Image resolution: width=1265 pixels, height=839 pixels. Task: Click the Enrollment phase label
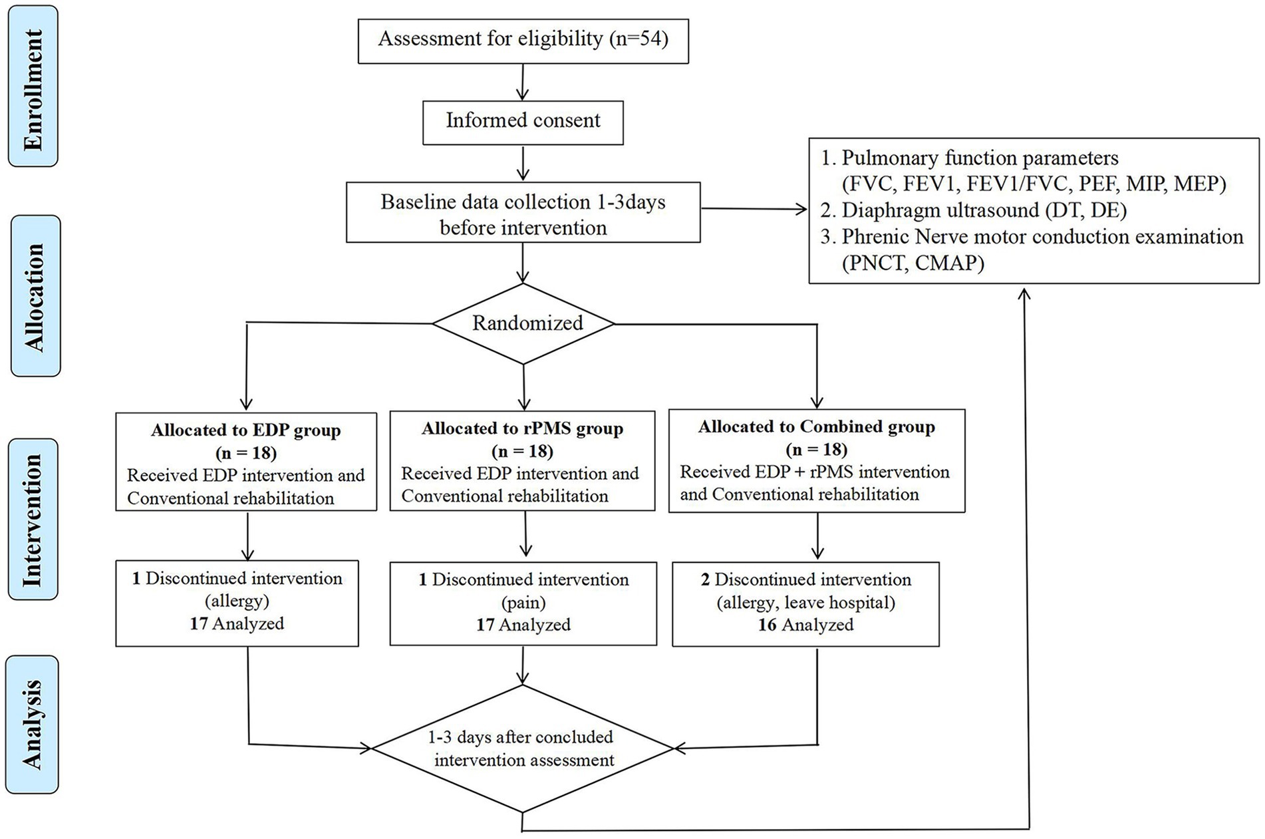pos(33,86)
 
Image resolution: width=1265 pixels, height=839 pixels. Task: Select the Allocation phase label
pos(35,296)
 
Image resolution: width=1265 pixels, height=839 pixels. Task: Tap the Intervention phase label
pos(33,519)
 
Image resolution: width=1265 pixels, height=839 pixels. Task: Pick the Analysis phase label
pos(33,725)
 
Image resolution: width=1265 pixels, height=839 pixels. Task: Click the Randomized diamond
pos(524,323)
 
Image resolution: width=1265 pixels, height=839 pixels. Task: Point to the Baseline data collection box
pos(523,213)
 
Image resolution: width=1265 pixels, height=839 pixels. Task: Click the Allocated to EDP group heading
pos(246,430)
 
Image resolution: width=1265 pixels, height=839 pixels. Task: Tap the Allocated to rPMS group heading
pos(523,428)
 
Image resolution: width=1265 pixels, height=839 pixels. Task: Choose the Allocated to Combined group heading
pos(817,426)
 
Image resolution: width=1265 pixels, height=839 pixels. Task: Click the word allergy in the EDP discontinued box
pos(237,601)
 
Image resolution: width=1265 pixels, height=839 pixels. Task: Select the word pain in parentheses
pos(523,602)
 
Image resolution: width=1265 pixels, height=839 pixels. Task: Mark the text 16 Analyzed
pos(806,625)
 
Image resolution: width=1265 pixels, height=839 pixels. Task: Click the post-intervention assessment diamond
pos(523,749)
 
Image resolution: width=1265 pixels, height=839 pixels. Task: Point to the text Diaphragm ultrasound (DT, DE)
pos(975,210)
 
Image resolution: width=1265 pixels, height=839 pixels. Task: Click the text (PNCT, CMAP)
pos(913,263)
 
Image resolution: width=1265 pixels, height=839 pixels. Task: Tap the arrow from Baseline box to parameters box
pos(754,209)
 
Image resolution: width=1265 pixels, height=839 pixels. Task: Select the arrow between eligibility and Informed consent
pos(523,83)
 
